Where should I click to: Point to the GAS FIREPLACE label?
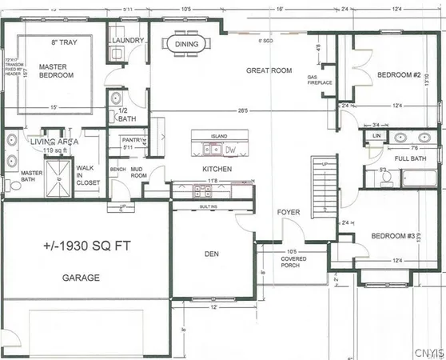(320, 80)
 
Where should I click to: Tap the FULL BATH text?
(401, 158)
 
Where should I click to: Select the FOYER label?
(288, 212)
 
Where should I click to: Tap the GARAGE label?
(81, 278)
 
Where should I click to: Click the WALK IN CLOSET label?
(88, 175)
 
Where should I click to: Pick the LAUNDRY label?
(128, 40)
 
